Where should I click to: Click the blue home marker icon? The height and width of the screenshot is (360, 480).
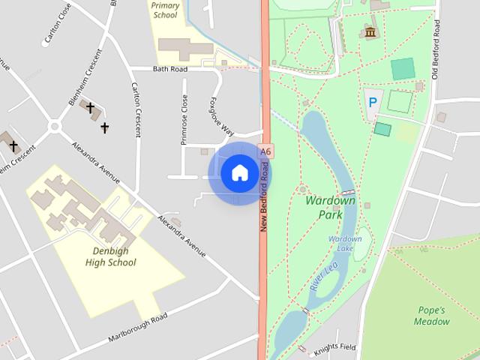coord(239,173)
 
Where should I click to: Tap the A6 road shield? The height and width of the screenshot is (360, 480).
coord(265,151)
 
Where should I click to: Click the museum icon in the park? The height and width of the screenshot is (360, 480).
coord(370,32)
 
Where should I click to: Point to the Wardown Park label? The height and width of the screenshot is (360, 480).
coord(325,208)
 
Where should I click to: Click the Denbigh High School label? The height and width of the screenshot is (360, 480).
coord(110,256)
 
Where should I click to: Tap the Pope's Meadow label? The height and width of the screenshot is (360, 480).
coord(432,316)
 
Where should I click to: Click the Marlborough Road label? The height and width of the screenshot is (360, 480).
coord(137,328)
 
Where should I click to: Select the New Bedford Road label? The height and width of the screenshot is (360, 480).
coord(264,194)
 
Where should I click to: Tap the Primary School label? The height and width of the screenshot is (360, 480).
coord(166,10)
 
